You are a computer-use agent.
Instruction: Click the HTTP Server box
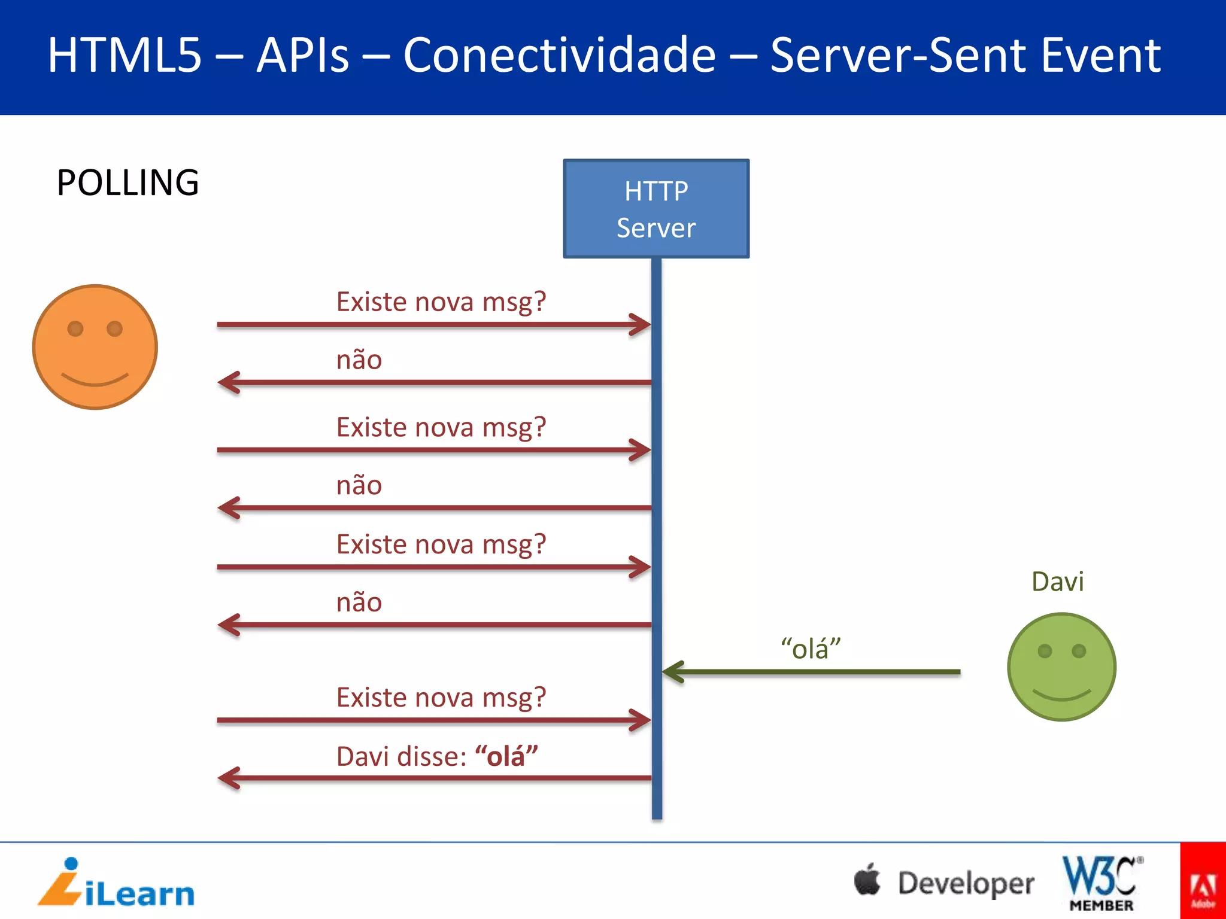(656, 208)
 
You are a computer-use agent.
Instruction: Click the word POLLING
(128, 182)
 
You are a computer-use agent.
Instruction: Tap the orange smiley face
(95, 347)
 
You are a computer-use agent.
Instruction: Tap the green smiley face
(1061, 667)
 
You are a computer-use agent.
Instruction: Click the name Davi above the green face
(1057, 582)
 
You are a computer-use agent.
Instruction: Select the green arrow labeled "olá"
(811, 672)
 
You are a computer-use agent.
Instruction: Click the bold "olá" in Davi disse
(506, 756)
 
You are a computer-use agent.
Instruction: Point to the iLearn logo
(116, 884)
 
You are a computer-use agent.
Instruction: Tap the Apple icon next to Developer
(867, 880)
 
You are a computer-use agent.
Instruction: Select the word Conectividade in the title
(559, 55)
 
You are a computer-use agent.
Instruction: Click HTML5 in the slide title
(125, 55)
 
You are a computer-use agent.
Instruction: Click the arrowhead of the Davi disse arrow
(228, 778)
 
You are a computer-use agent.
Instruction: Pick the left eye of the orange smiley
(75, 328)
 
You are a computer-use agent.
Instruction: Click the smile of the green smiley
(1061, 695)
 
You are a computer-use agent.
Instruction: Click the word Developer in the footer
(966, 884)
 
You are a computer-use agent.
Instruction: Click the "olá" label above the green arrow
(811, 649)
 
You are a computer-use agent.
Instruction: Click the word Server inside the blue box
(656, 228)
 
